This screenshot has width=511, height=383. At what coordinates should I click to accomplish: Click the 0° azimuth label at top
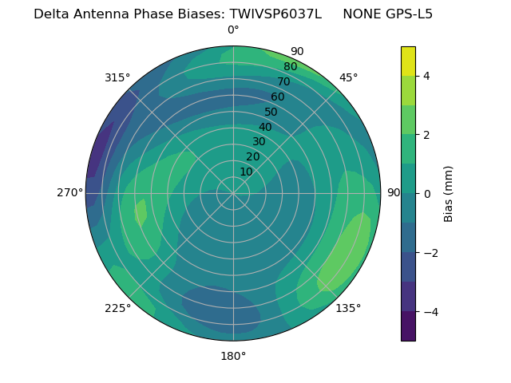coord(233,30)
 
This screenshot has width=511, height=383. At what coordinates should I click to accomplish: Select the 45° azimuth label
coord(348,77)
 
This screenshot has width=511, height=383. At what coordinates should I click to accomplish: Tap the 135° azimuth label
coord(348,308)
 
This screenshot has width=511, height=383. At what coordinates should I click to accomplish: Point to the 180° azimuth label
coord(233,356)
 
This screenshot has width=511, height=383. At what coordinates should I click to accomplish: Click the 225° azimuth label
coord(117,308)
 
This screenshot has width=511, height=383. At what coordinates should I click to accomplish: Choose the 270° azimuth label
coord(70,192)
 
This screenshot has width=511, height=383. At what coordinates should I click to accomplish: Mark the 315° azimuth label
coord(117,77)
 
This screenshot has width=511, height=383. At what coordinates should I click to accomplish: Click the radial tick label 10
coord(246,172)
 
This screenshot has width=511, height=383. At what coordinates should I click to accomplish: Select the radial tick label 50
coord(271,113)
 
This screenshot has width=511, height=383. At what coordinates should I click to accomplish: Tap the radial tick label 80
coord(290,67)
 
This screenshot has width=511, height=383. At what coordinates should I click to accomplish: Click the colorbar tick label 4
coord(427,76)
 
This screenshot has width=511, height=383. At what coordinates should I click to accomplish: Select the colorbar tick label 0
coord(427,193)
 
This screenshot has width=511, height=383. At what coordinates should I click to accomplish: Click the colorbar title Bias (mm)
coord(449,193)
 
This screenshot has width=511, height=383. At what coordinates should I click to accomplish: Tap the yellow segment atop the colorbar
coord(408,61)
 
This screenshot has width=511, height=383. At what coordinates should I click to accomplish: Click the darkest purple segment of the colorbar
coord(408,326)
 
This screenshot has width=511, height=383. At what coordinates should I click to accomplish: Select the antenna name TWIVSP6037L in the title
coord(275,14)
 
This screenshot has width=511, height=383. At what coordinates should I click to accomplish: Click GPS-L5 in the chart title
coord(406,14)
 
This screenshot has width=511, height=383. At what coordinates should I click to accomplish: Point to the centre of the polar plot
coord(233,193)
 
